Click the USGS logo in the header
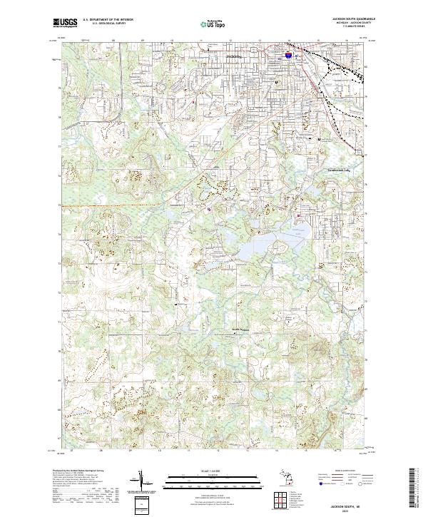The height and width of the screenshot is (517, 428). (x=65, y=23)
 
